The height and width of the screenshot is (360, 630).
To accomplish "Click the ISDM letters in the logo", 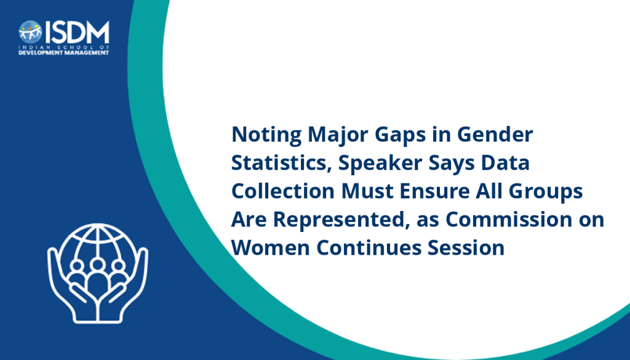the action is tap(77, 32).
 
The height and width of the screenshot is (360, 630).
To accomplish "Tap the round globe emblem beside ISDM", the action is tap(30, 32).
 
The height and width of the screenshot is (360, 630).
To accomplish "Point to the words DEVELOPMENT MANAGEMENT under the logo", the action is tap(64, 53).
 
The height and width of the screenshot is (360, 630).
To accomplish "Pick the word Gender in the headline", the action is tap(495, 134).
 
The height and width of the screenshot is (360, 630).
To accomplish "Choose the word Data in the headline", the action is tap(506, 162).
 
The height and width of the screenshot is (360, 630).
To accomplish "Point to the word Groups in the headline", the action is tap(546, 191).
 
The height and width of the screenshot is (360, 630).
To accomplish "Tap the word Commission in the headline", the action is tap(509, 219).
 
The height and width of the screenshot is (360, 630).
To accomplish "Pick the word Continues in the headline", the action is tap(369, 247).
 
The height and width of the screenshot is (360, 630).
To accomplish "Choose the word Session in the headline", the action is tap(466, 247).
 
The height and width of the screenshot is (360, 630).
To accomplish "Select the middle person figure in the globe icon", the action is tap(98, 278).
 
